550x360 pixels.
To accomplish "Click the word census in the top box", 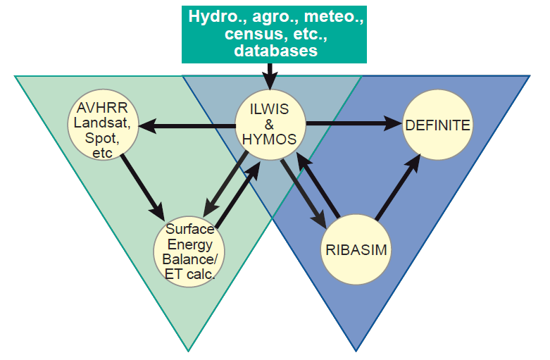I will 246,34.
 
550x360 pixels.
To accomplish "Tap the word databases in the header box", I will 275,51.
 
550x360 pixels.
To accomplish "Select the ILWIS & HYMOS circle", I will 268,124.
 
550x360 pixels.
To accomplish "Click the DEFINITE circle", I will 437,125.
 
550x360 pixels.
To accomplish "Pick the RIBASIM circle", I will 356,249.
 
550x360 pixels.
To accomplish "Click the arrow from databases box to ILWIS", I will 268,74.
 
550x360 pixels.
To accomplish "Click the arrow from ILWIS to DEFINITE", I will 352,124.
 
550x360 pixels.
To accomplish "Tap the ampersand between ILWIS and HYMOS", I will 268,124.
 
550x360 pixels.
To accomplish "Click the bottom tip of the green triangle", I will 189,349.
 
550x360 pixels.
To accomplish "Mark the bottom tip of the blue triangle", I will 356,349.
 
